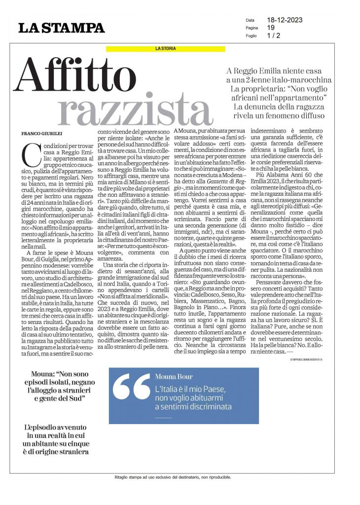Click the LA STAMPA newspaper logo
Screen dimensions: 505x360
pyautogui.click(x=62, y=28)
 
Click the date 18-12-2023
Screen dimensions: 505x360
pyautogui.click(x=285, y=20)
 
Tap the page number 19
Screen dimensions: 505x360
pyautogui.click(x=271, y=28)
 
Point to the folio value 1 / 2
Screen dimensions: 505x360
pyautogui.click(x=273, y=36)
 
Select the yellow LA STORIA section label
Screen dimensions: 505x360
pyautogui.click(x=166, y=48)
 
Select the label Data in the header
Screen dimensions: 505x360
pyautogui.click(x=250, y=21)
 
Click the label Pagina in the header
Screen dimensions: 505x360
pyautogui.click(x=252, y=28)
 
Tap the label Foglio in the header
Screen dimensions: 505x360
pyautogui.click(x=252, y=36)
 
